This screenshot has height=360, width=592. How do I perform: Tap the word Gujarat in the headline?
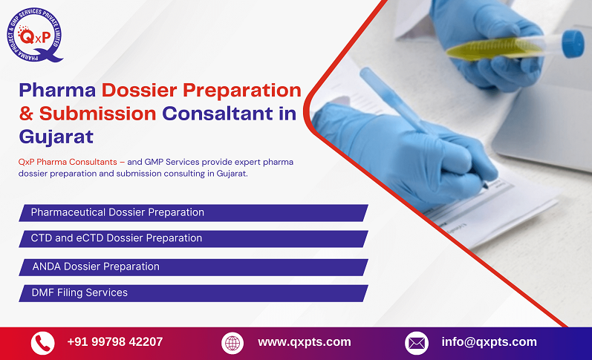(56, 137)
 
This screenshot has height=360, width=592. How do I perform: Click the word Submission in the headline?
(97, 114)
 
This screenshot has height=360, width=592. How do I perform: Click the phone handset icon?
(42, 343)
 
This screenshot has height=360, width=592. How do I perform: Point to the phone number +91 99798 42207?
(114, 342)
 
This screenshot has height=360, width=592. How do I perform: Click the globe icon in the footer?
(232, 343)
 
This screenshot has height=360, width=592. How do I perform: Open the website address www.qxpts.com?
(304, 342)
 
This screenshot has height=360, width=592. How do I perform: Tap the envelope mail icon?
(416, 343)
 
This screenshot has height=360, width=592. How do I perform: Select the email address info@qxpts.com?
(488, 342)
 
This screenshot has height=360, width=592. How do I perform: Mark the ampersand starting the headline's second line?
(27, 114)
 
